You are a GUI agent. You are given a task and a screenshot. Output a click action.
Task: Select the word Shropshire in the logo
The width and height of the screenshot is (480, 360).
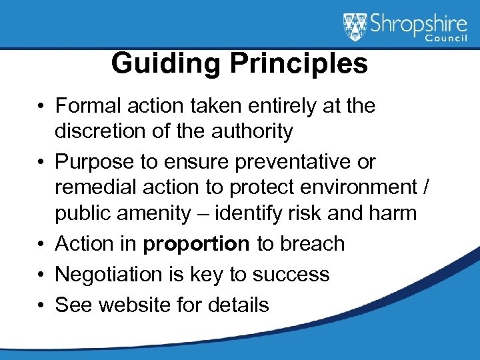pyautogui.click(x=418, y=25)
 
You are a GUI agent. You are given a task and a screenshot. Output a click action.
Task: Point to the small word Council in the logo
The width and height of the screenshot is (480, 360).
pyautogui.click(x=448, y=40)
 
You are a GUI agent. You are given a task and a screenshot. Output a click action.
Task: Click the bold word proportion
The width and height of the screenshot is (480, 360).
pyautogui.click(x=197, y=244)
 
